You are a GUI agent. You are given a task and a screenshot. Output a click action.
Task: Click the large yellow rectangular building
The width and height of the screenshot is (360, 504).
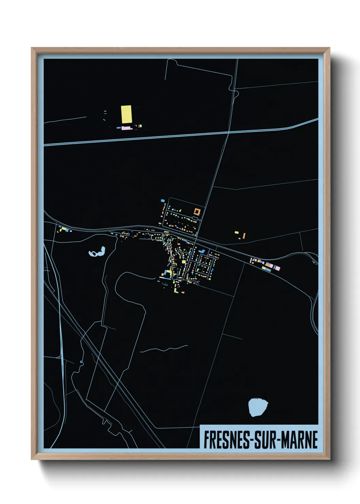coord(126,114)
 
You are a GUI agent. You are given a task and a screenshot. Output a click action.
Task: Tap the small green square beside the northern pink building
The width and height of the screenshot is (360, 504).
coord(140,126)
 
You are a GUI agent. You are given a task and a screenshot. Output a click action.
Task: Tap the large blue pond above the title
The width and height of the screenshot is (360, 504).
coord(258,407)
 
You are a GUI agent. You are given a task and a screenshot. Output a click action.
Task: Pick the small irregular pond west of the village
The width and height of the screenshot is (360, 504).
coord(97,253)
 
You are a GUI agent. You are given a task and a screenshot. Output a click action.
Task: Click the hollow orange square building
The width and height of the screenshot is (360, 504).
coord(197,211)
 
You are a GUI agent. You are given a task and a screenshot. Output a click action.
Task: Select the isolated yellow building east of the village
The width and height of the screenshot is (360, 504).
coord(236,232)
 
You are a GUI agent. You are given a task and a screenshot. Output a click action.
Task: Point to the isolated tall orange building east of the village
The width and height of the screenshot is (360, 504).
coord(244,235)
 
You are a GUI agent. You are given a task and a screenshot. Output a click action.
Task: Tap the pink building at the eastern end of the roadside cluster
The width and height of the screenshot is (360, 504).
coord(277,268)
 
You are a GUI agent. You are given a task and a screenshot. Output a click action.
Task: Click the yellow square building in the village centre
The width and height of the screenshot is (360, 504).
coord(184,262)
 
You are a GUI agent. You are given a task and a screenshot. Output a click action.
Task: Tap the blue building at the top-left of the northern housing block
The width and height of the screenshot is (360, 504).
coord(163,201)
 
